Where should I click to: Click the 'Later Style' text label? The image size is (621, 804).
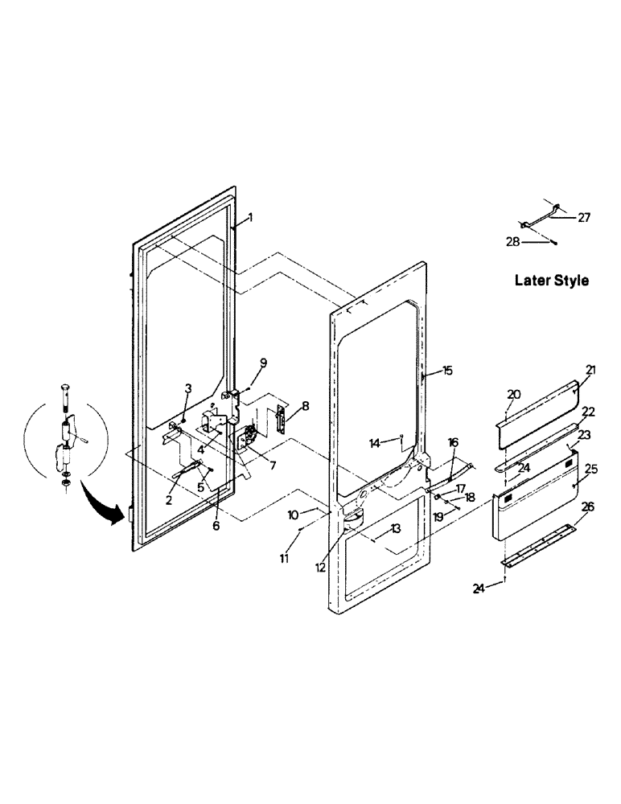(551, 281)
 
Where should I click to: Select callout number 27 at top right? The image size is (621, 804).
(584, 216)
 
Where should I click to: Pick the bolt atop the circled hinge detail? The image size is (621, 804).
(64, 395)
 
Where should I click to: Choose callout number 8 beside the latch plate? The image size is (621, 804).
(306, 405)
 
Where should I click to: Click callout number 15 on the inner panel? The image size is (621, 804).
(447, 371)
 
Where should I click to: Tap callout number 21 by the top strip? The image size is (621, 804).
(590, 370)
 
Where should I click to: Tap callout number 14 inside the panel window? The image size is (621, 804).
(375, 441)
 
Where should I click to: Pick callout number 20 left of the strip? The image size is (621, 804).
(515, 395)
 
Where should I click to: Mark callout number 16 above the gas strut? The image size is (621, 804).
(453, 442)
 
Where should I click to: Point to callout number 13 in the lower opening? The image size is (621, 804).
(395, 528)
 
